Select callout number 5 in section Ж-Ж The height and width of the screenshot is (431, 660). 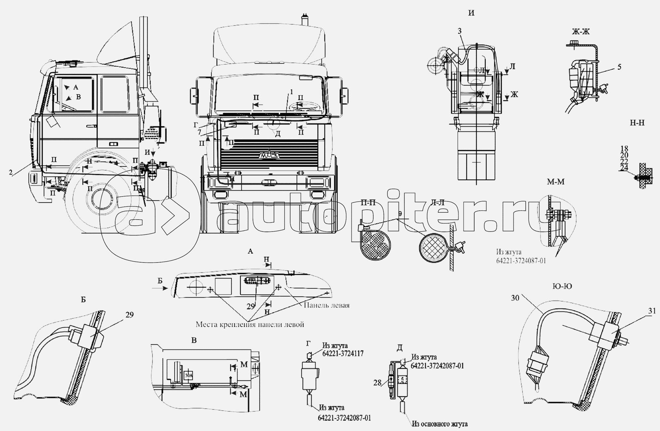(619, 67)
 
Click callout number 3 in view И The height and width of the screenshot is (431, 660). (460, 31)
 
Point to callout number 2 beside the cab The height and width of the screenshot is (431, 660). (11, 172)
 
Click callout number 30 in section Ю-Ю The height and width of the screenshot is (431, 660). (515, 298)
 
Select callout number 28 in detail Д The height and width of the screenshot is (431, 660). (378, 382)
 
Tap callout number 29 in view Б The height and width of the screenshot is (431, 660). (129, 315)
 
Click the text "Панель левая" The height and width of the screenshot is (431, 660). (326, 305)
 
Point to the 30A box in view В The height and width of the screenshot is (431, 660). (188, 375)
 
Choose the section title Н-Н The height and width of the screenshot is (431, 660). (637, 123)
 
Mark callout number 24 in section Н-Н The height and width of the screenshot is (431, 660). (624, 168)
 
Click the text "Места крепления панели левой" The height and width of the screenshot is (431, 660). (249, 325)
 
